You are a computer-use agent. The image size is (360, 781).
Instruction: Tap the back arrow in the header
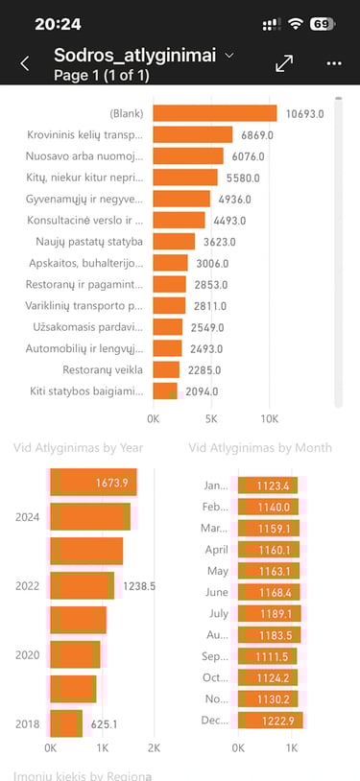pyautogui.click(x=25, y=63)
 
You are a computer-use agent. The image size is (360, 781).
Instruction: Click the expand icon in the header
pyautogui.click(x=284, y=63)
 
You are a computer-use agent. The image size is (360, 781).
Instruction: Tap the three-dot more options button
pyautogui.click(x=334, y=63)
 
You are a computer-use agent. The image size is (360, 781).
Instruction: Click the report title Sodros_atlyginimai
pyautogui.click(x=134, y=56)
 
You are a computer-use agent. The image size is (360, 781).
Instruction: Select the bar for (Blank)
pyautogui.click(x=214, y=113)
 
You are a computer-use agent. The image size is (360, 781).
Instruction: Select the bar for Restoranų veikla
pyautogui.click(x=166, y=369)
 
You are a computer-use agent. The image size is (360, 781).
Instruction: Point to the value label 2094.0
pyautogui.click(x=202, y=390)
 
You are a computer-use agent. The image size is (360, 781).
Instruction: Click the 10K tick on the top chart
pyautogui.click(x=270, y=419)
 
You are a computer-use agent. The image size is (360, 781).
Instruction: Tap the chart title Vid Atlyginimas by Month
pyautogui.click(x=260, y=447)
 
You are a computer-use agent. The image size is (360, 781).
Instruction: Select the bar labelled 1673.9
pyautogui.click(x=93, y=482)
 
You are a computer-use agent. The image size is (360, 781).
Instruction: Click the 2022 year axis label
pyautogui.click(x=27, y=585)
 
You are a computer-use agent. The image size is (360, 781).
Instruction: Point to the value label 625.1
pyautogui.click(x=104, y=723)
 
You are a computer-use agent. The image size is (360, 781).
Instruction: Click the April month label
pyautogui.click(x=217, y=550)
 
